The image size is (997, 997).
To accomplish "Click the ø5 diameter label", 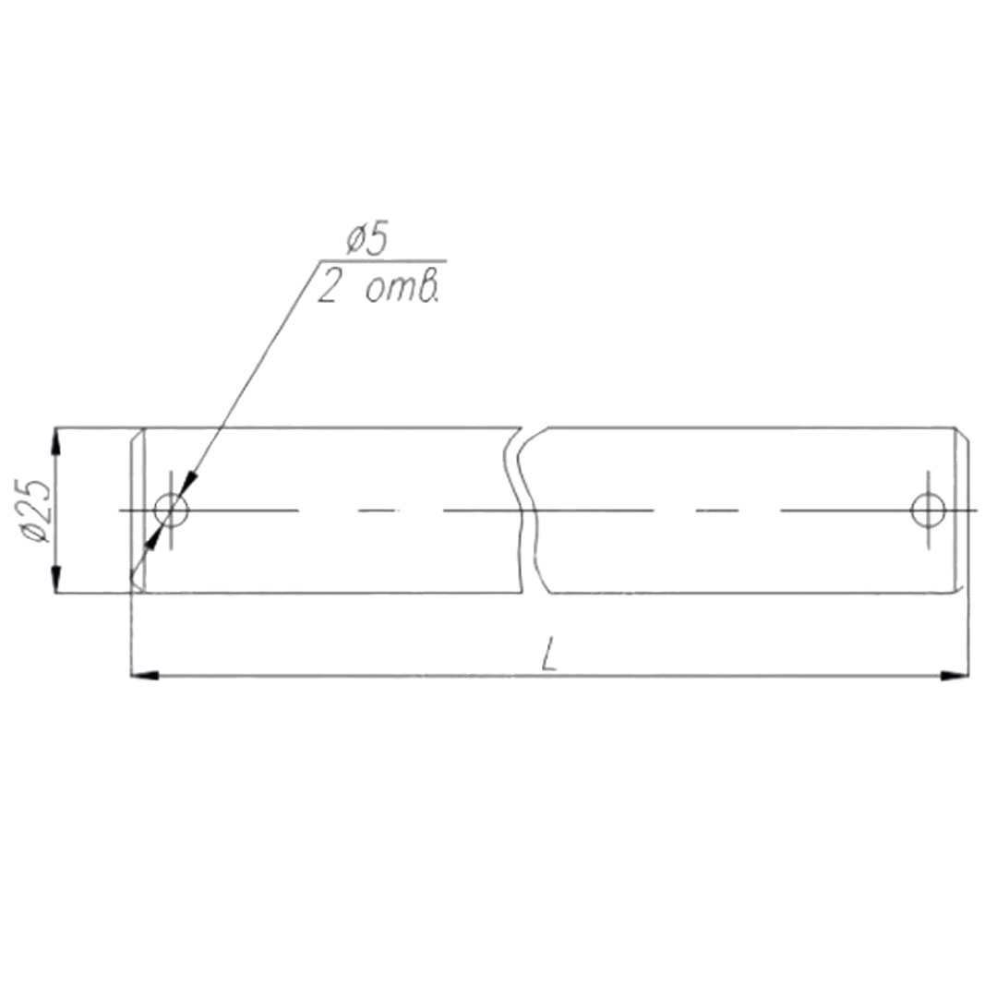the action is [x=366, y=240].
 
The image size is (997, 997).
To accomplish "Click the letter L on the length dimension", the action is [x=549, y=655].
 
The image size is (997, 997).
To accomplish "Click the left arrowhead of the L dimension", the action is [x=144, y=675].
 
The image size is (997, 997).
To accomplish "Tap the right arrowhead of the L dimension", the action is [x=955, y=675].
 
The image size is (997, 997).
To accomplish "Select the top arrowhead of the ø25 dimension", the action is [x=56, y=441].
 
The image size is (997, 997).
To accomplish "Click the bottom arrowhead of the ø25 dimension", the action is [x=56, y=579].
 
